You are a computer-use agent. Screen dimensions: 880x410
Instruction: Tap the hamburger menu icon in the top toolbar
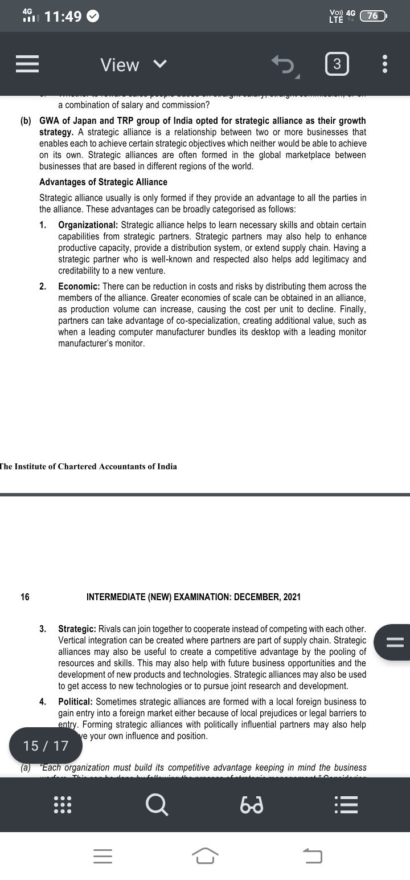(x=27, y=64)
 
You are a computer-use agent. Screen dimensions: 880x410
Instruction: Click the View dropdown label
(x=120, y=65)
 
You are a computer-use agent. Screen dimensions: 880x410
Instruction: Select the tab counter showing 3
(x=337, y=64)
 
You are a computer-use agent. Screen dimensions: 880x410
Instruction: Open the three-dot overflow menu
(x=385, y=64)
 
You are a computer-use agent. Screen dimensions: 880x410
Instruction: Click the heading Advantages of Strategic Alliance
(x=103, y=182)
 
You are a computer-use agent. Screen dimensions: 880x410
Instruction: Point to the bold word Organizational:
(x=88, y=225)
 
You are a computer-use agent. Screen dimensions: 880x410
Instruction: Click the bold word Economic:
(x=79, y=286)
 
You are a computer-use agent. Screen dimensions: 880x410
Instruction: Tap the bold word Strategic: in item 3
(x=77, y=629)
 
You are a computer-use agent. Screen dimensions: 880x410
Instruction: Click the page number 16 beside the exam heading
(x=25, y=597)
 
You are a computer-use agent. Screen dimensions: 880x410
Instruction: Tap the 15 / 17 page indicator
(x=46, y=745)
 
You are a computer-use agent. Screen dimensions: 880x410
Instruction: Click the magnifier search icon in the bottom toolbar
(x=157, y=804)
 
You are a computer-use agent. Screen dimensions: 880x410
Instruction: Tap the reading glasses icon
(x=251, y=805)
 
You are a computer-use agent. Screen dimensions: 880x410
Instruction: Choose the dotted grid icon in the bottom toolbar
(x=62, y=804)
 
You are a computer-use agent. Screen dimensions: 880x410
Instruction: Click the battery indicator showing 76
(x=373, y=16)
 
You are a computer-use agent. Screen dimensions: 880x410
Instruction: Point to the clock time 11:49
(x=63, y=17)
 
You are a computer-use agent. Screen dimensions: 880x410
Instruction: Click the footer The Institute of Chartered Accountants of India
(x=88, y=466)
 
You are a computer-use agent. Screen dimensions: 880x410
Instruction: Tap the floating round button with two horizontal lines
(x=394, y=642)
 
